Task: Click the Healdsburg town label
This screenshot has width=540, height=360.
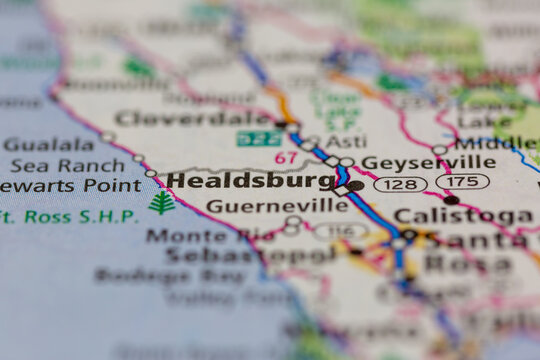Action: [250, 181]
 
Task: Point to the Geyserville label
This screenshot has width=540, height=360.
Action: [428, 162]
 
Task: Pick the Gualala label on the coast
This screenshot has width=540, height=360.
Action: [48, 144]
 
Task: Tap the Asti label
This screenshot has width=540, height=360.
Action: [346, 141]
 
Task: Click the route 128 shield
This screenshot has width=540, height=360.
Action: [400, 184]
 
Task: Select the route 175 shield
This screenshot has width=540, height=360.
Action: [462, 181]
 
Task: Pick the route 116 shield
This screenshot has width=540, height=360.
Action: [340, 231]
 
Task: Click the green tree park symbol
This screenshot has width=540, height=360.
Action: [162, 202]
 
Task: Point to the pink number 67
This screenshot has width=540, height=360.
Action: [286, 158]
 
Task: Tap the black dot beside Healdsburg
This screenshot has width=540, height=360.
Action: [355, 186]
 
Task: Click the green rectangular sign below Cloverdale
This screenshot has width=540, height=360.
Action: [259, 138]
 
